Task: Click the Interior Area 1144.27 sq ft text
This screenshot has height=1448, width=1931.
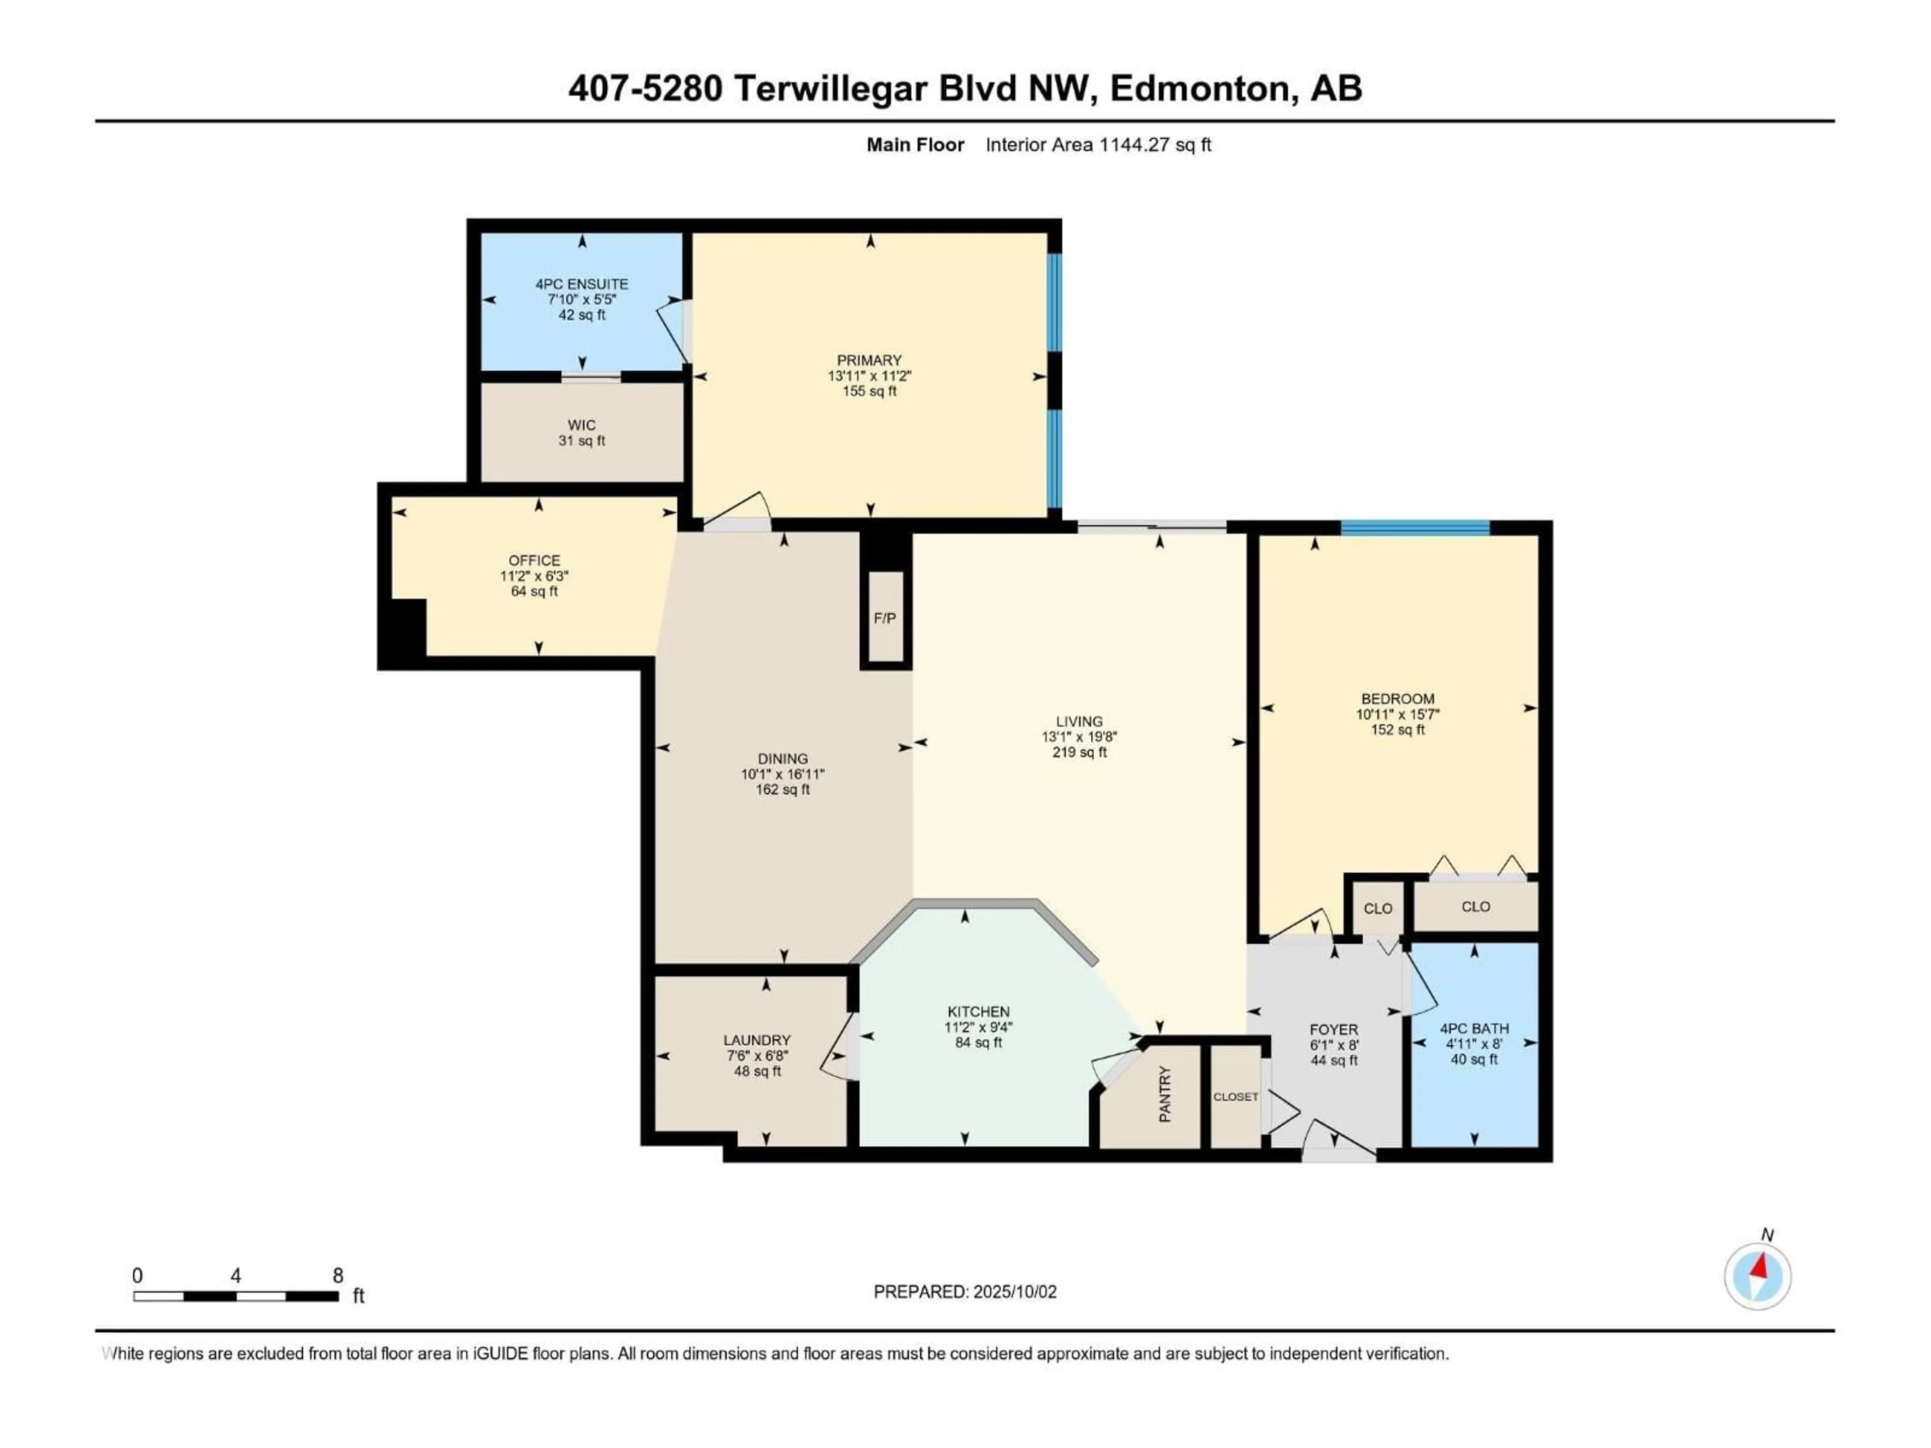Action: (x=1098, y=145)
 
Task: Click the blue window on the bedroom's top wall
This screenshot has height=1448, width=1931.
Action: (x=1415, y=527)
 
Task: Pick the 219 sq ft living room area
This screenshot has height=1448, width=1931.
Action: (x=1080, y=752)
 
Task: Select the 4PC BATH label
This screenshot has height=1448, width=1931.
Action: (x=1474, y=1029)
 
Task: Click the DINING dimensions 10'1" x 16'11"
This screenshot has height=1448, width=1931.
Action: (x=783, y=774)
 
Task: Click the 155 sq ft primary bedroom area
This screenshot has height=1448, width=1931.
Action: (x=869, y=392)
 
